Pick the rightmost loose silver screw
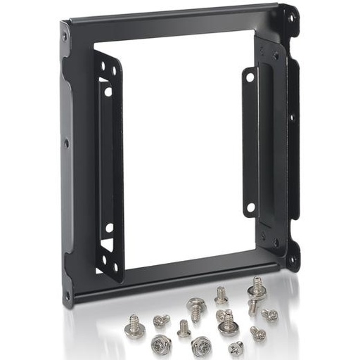pos(270,315)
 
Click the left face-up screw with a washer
pos(161,344)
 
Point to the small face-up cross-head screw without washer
pos(236,347)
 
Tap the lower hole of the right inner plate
pos(248,207)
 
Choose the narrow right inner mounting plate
pos(250,141)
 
